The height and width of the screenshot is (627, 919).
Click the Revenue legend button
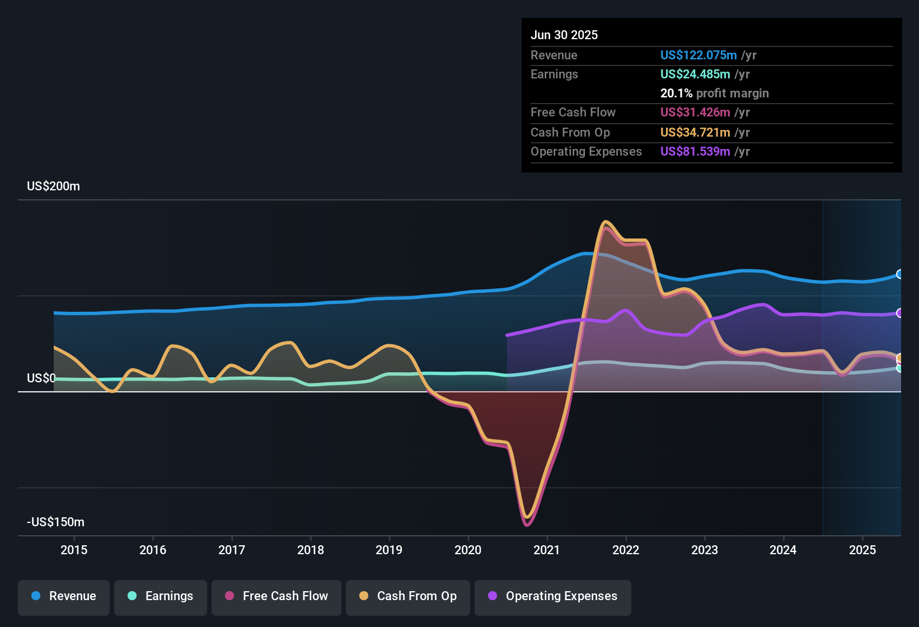point(64,596)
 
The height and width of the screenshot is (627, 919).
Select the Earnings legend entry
point(161,596)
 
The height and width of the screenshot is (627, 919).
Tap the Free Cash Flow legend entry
point(276,596)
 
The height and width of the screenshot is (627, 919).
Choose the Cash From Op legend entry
point(408,596)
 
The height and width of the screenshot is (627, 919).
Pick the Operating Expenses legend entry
point(553,596)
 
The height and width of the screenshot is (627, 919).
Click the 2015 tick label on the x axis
point(74,550)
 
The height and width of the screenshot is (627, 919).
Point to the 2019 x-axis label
point(389,550)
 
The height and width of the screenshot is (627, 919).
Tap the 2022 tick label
point(626,550)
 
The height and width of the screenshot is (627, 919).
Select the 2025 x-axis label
point(862,550)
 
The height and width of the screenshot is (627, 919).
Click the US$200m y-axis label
point(53,186)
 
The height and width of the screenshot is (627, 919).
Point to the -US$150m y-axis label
point(55,522)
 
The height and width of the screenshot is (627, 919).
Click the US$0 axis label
point(41,378)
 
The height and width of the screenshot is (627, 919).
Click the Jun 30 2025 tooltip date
point(564,35)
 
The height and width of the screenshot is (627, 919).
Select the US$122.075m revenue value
point(698,55)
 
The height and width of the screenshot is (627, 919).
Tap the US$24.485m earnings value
point(695,74)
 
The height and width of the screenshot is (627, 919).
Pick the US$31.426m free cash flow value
point(695,113)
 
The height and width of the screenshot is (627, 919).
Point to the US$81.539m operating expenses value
point(695,152)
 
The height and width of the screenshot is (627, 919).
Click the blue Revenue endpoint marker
point(900,274)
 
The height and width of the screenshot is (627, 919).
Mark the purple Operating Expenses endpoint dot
point(900,313)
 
